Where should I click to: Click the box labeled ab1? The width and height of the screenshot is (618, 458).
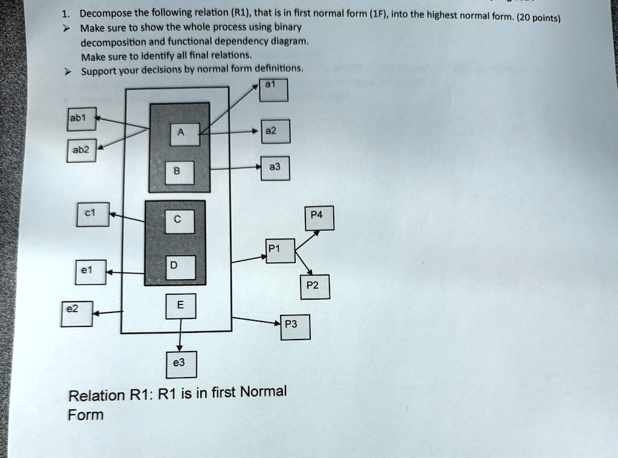pos(81,119)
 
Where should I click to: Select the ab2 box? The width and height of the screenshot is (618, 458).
pos(81,150)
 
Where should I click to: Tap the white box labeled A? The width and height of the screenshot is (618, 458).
pos(185,135)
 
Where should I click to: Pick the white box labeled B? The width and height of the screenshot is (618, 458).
pos(180,173)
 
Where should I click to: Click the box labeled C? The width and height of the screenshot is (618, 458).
pos(180,221)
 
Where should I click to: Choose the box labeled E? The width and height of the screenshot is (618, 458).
pos(181,306)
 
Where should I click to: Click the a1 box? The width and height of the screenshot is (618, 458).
pos(273,90)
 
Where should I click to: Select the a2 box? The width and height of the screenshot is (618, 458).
pos(275,131)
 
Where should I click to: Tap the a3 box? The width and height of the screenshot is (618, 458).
pos(275,169)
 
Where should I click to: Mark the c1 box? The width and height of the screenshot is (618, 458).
pos(93,214)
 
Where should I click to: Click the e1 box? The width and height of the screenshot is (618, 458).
pos(91,272)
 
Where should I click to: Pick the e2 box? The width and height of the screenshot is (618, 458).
pos(77,314)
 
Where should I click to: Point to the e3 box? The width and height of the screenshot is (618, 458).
pos(181,365)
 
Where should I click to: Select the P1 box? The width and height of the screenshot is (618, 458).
pos(280,251)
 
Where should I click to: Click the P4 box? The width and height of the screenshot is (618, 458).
pos(319,218)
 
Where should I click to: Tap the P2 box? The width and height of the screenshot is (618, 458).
pos(315,287)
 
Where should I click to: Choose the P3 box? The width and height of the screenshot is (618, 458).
pos(295,327)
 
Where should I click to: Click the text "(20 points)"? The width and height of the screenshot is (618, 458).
pos(538,18)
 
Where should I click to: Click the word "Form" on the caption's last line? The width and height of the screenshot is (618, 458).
pos(86,415)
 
